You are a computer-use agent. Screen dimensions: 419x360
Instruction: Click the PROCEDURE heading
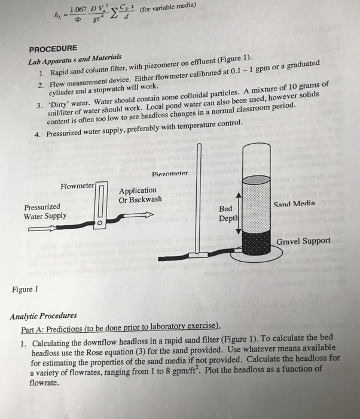(54, 47)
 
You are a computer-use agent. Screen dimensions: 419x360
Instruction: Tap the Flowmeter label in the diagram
(77, 186)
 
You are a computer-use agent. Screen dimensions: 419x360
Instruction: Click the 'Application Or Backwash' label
(141, 195)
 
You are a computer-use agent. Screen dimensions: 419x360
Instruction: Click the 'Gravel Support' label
(303, 241)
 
